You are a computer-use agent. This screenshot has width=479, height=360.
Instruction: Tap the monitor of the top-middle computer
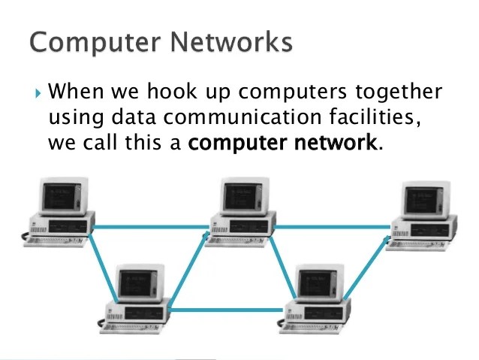pos(244,196)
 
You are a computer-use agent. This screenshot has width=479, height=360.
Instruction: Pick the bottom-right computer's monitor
pos(319,283)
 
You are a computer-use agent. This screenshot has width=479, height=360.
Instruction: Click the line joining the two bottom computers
pos(229,309)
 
